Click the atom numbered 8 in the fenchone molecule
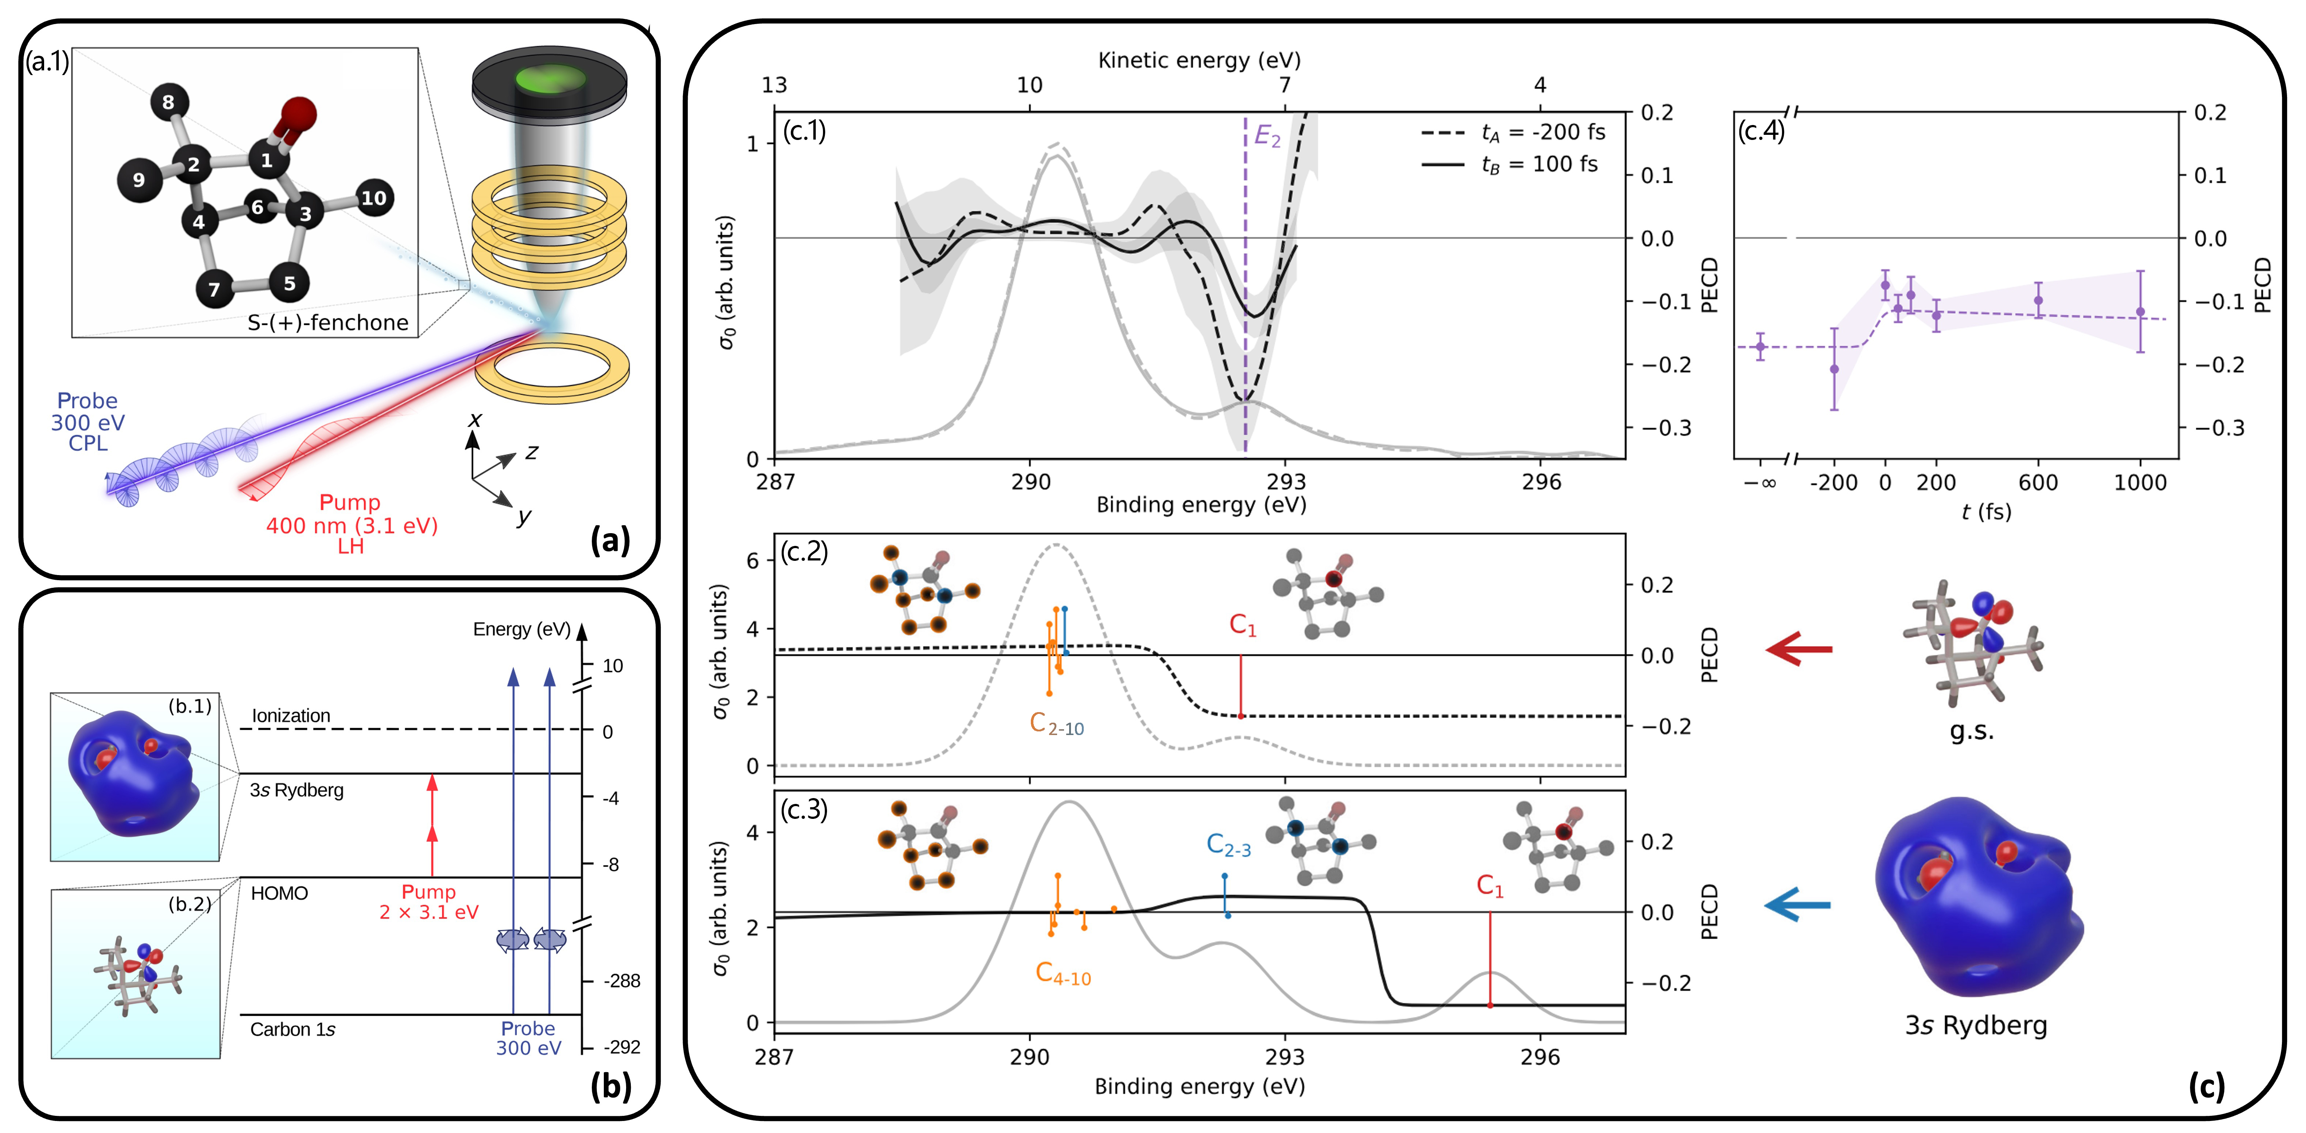tap(168, 102)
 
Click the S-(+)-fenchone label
tap(328, 322)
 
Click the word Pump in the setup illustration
tap(350, 502)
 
